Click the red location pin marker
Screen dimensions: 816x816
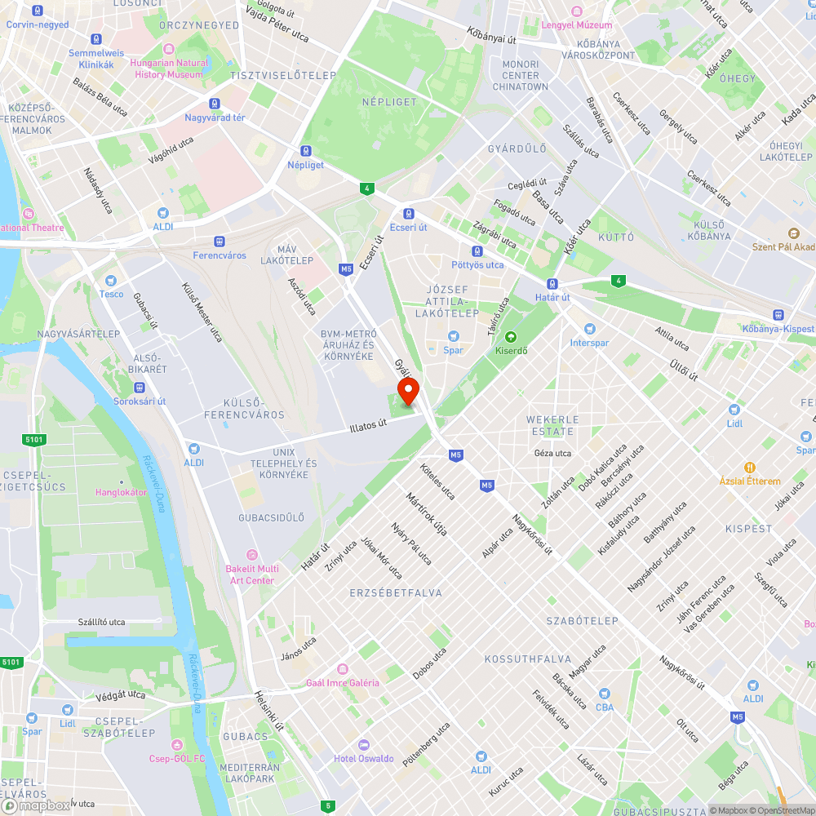tap(407, 391)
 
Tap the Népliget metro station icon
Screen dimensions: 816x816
tap(306, 151)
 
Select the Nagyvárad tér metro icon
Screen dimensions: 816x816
tap(215, 104)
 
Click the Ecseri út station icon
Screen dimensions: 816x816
tap(408, 214)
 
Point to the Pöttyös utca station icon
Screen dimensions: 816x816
tap(477, 251)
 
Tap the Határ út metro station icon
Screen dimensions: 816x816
tap(552, 284)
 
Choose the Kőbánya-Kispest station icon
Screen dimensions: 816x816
tap(778, 315)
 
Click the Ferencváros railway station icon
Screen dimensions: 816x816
tap(219, 242)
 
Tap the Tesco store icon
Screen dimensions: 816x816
tap(112, 280)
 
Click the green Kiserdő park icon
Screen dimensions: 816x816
tap(511, 337)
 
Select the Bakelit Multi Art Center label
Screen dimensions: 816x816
tap(252, 574)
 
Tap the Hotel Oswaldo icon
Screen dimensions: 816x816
tap(363, 745)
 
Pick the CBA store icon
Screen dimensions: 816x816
tap(604, 694)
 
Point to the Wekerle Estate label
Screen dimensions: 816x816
tap(552, 425)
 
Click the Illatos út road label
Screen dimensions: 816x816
tap(367, 425)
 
